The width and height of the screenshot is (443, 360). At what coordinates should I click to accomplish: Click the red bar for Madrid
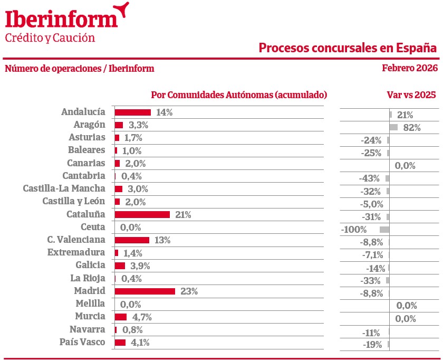(145, 291)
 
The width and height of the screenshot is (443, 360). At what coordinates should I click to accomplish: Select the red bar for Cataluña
(142, 214)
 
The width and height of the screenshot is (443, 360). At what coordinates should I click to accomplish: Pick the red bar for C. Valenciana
(132, 240)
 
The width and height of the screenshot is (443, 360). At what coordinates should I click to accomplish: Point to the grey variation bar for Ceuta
(384, 230)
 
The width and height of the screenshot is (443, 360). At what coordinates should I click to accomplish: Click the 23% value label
(189, 291)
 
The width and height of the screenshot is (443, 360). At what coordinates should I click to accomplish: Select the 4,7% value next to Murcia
(142, 317)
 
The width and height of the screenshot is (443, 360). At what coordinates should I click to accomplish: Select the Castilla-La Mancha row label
(64, 188)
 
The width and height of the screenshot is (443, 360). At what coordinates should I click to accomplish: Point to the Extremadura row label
(76, 252)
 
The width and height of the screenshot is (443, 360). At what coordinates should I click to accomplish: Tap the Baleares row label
(86, 150)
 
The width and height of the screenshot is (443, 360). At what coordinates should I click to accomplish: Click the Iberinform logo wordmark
(62, 20)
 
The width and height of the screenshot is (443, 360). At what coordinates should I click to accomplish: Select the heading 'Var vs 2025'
(411, 95)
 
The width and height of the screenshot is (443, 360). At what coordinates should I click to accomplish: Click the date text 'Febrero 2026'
(410, 68)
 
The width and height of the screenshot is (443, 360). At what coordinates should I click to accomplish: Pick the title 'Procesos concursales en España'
(348, 48)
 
